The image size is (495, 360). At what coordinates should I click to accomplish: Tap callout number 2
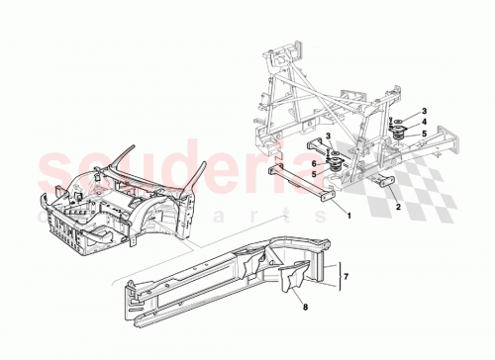[397, 208]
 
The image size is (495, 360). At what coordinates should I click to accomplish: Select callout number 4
[424, 124]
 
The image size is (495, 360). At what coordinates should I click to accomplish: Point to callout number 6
[316, 164]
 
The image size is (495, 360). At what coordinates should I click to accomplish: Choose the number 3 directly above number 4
[424, 111]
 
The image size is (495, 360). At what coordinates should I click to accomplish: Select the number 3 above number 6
[327, 148]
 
